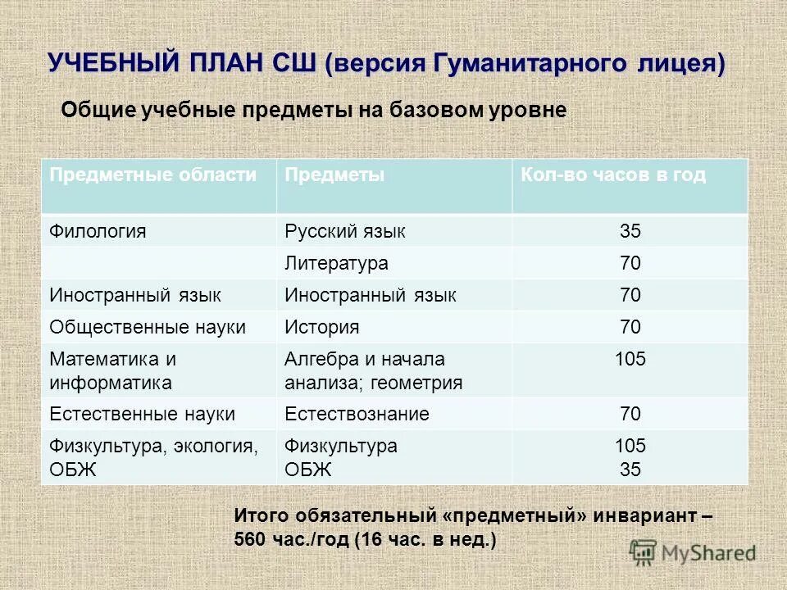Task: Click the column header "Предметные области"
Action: (152, 175)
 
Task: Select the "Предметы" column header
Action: (334, 175)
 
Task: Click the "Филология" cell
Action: (98, 231)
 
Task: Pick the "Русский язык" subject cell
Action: (345, 231)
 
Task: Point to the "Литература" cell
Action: (336, 264)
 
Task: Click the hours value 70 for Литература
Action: (630, 264)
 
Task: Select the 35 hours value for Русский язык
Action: (630, 231)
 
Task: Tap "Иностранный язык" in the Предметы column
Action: (371, 295)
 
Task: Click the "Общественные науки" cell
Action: (148, 327)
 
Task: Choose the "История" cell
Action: (322, 327)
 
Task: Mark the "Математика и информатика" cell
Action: (112, 370)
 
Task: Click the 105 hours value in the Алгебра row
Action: (630, 359)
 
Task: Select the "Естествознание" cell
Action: (357, 414)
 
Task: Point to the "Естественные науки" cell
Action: (143, 414)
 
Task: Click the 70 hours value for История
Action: (630, 327)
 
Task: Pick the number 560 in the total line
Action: (249, 540)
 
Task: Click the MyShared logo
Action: (693, 552)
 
